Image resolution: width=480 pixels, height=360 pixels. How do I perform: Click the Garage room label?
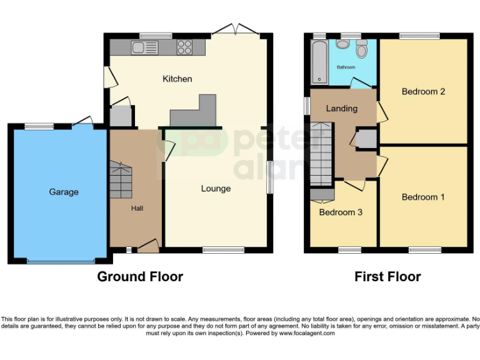point(64,192)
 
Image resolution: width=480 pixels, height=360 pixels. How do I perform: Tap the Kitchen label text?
point(177,79)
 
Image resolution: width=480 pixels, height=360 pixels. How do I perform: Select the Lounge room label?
point(216,188)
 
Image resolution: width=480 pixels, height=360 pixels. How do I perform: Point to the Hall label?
point(137,208)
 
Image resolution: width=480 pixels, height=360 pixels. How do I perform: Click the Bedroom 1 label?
point(423,197)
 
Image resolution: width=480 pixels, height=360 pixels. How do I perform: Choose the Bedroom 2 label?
point(423,92)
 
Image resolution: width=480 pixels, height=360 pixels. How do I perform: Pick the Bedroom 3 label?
point(341,212)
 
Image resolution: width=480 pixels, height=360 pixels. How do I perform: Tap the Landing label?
point(342,109)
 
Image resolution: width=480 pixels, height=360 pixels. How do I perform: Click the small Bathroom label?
point(346,67)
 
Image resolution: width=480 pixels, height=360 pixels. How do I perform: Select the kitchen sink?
point(138,46)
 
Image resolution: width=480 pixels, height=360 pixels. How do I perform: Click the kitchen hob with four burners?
point(185,46)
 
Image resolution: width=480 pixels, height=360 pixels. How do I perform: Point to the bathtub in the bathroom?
point(319,62)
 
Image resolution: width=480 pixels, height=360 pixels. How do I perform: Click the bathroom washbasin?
point(342,44)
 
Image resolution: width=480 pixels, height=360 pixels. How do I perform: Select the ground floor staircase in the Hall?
point(121,179)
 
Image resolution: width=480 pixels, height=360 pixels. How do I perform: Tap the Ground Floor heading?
point(140,276)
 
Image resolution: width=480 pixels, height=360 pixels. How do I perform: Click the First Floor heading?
point(387,276)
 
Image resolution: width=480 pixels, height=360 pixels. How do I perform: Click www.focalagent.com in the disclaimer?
point(307,334)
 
